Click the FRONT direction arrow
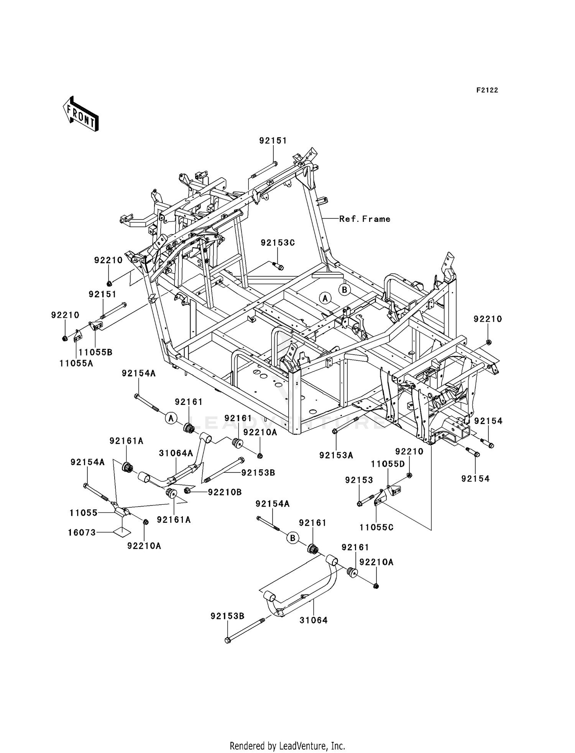tap(81, 114)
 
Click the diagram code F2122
tap(487, 90)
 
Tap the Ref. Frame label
tap(365, 219)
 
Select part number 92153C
tap(278, 243)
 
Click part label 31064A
tap(176, 453)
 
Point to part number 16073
tap(82, 532)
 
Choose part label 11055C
tap(376, 527)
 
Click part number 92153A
tap(336, 455)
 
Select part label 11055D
tap(388, 464)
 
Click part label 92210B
tap(225, 492)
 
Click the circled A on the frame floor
tap(325, 298)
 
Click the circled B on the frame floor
tap(344, 290)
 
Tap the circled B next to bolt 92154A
tap(292, 538)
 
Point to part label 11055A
tap(76, 363)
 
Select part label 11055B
tap(95, 352)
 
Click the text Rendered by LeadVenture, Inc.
tap(287, 746)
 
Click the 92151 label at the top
tap(273, 140)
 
